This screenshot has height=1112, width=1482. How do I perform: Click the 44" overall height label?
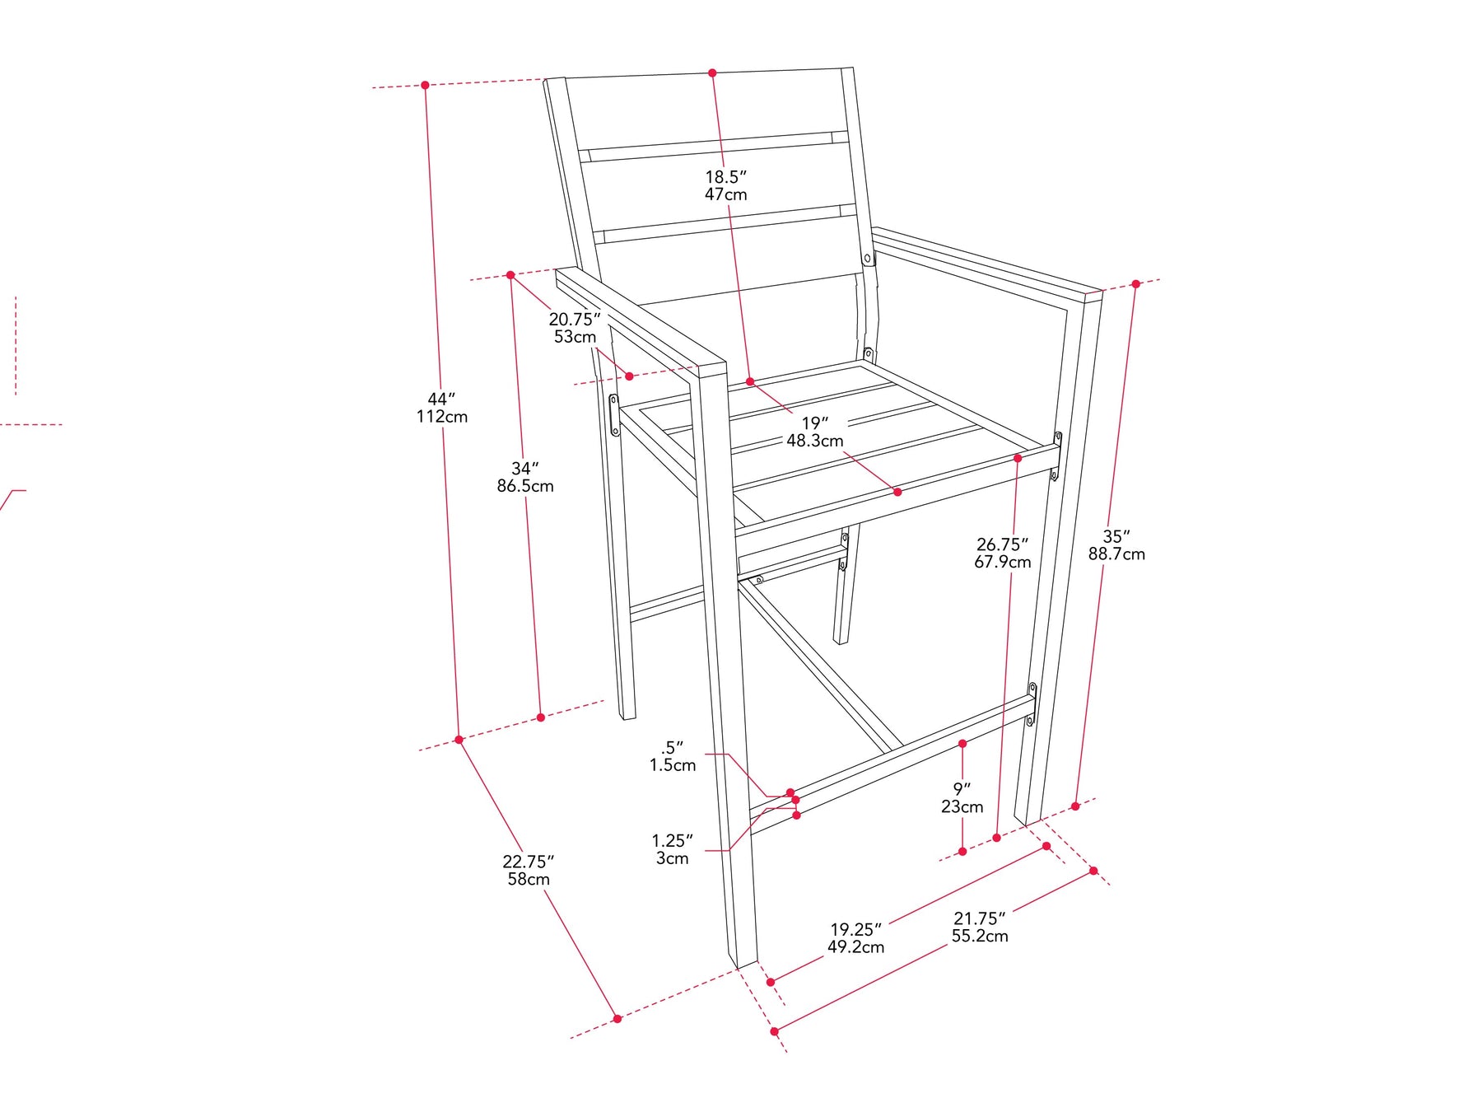(442, 408)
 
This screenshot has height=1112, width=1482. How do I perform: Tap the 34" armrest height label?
(525, 477)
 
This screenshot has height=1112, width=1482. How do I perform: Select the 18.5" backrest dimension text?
(726, 185)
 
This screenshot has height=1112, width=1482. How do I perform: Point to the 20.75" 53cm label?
(575, 328)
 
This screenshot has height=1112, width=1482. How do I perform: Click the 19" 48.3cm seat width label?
(815, 432)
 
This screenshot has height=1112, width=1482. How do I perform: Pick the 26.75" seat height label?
(1003, 553)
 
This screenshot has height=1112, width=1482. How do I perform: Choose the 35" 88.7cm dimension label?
(1116, 545)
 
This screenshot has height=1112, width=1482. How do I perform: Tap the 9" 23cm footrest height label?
(962, 798)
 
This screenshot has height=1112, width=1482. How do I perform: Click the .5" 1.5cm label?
(673, 756)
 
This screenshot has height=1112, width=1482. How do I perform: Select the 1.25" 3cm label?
(673, 849)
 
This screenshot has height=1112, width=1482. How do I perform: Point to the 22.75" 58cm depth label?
(529, 871)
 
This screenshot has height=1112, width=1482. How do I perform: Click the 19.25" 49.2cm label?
(856, 938)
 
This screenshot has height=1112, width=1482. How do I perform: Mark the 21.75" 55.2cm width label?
(980, 927)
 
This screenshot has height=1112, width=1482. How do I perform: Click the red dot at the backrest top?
(712, 73)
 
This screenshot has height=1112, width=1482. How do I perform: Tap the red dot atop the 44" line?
(425, 85)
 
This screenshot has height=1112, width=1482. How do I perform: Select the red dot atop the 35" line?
(1135, 283)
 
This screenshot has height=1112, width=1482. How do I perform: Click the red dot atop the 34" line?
(510, 275)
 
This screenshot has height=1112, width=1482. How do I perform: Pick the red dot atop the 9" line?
(962, 744)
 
